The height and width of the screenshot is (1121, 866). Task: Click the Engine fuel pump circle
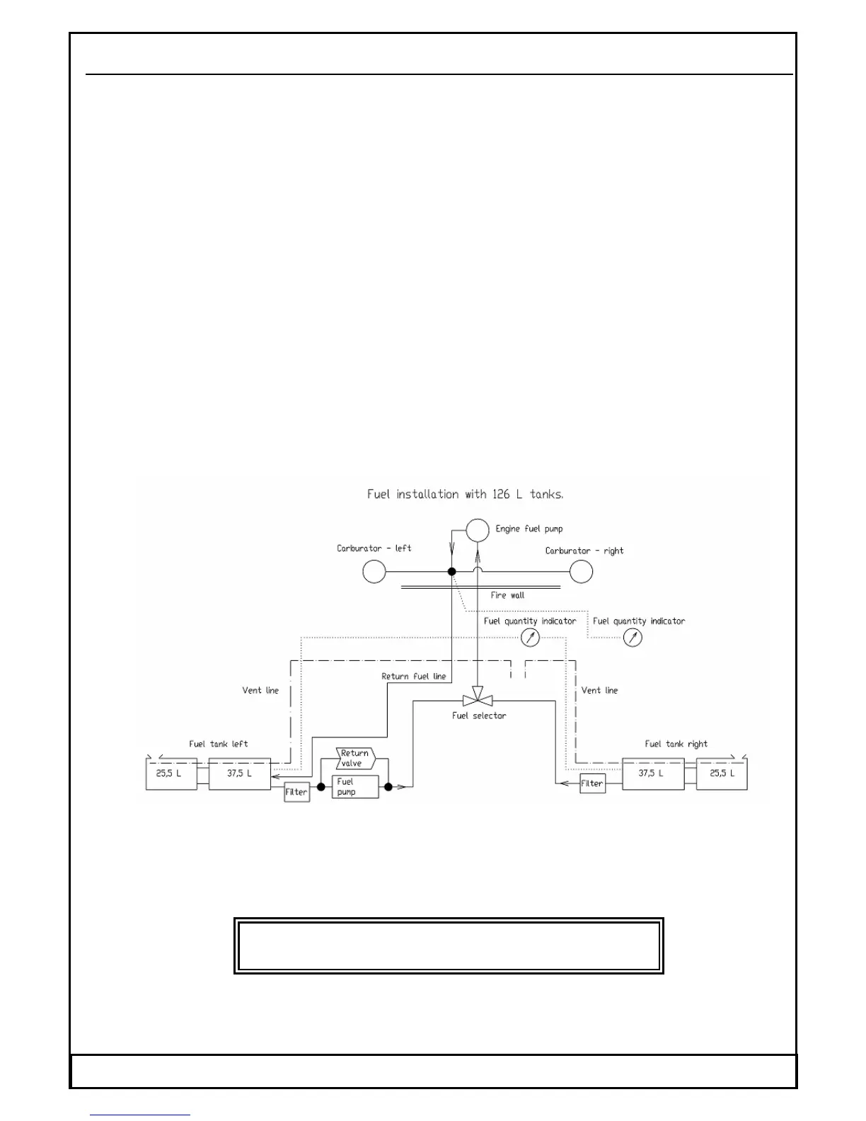point(478,530)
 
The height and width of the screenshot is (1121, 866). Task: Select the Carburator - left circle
point(374,571)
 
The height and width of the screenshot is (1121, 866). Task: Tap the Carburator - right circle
point(581,571)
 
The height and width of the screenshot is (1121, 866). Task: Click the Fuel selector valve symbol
point(478,699)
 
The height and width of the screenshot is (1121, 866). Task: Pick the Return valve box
point(355,759)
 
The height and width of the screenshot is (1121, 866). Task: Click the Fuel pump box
point(355,787)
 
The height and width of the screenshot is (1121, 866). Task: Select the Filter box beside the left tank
point(297,792)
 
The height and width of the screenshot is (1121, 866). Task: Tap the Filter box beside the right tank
point(592,783)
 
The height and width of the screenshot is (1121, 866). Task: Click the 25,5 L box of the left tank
point(171,774)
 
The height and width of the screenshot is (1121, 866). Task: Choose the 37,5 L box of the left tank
point(240,774)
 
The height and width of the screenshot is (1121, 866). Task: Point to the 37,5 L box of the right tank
point(652,774)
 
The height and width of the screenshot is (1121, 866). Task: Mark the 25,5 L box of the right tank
point(722,774)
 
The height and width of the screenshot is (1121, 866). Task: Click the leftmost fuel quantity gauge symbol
point(530,638)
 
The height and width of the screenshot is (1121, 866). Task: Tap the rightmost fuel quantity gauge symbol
point(633,638)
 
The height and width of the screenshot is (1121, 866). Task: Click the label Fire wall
point(507,595)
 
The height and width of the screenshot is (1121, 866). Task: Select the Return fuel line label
point(414,677)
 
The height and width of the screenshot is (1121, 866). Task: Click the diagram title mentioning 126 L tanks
point(465,494)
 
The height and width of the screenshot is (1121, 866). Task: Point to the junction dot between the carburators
point(452,571)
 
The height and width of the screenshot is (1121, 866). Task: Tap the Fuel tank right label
point(676,744)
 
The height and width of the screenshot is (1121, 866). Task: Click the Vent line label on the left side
point(260,690)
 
